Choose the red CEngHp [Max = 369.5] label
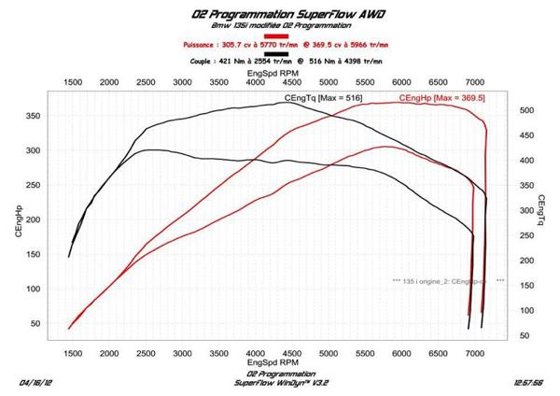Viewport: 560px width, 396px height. tap(441, 98)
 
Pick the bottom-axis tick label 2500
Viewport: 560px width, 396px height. tap(147, 355)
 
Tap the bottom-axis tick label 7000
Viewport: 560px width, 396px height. tap(475, 355)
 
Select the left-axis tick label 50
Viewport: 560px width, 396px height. tap(34, 323)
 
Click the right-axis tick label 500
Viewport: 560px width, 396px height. tap(525, 111)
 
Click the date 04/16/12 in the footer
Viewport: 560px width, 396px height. tap(36, 383)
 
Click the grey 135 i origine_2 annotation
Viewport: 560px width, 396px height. tap(448, 279)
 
